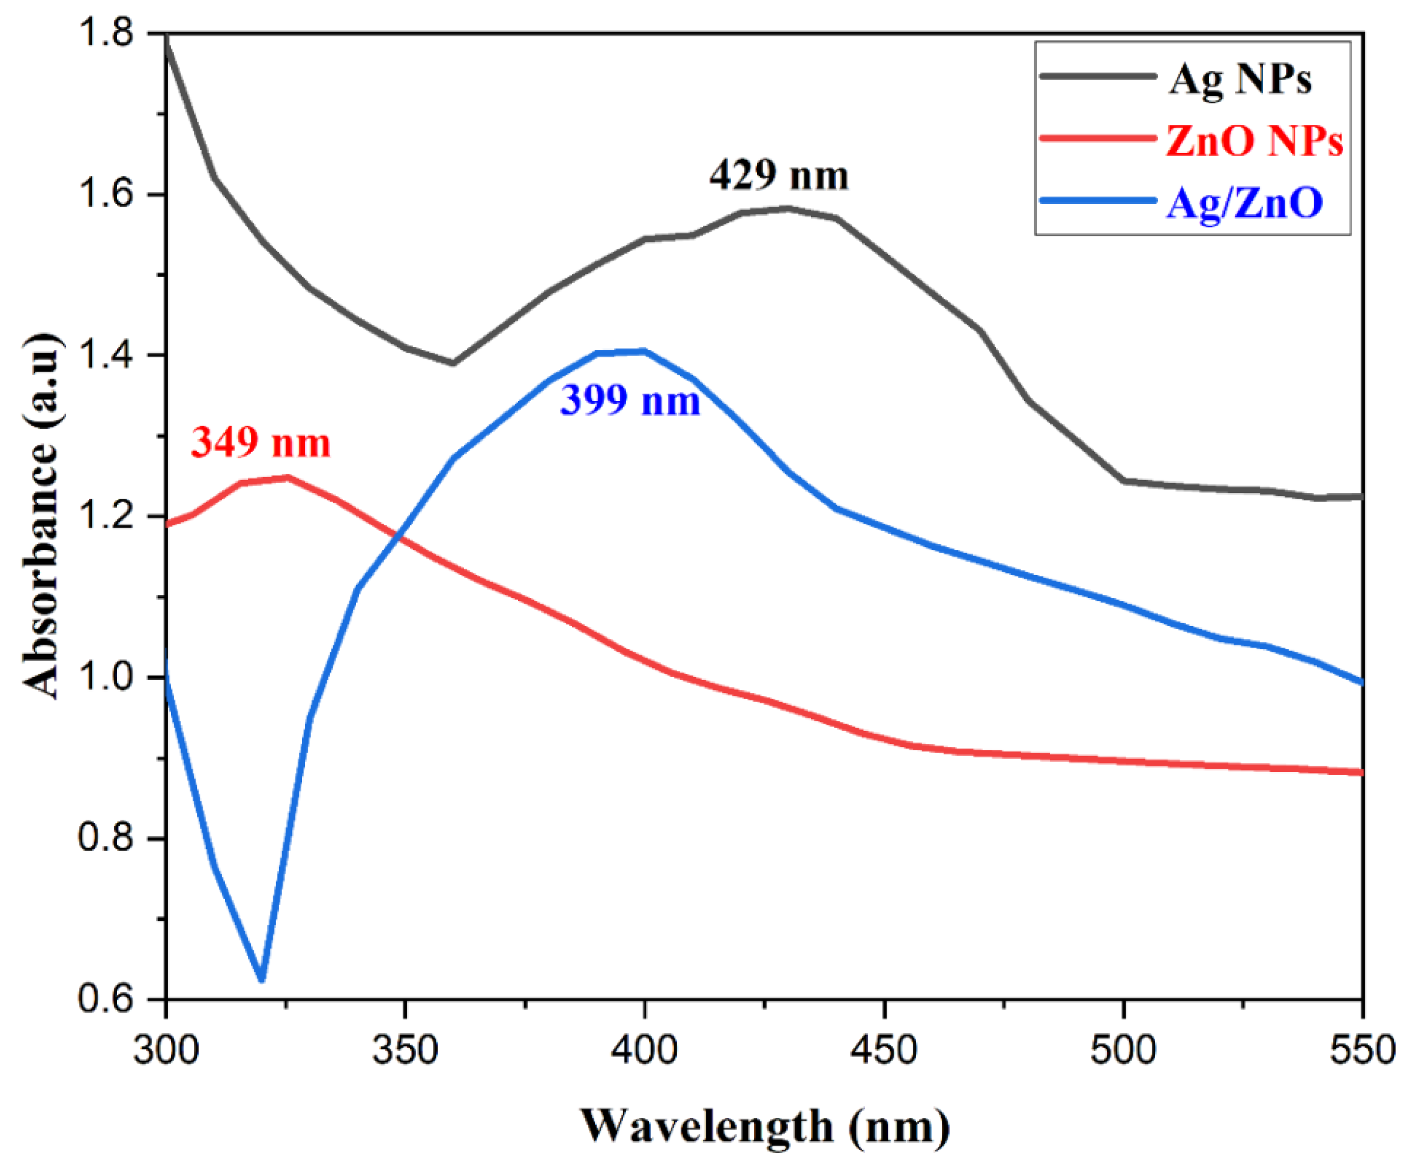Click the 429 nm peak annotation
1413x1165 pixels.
click(x=779, y=176)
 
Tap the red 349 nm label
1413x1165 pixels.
click(x=261, y=443)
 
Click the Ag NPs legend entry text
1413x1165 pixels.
click(x=1240, y=80)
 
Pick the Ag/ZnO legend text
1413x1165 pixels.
click(x=1244, y=203)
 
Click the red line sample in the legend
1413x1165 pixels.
click(x=1097, y=138)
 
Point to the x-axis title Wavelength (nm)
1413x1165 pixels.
click(x=764, y=1126)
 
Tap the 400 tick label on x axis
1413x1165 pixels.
click(x=644, y=1050)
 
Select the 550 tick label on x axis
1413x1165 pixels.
click(x=1362, y=1050)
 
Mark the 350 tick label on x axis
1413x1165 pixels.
click(x=404, y=1050)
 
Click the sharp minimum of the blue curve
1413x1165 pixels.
click(x=262, y=980)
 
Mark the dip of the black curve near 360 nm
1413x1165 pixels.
click(x=453, y=363)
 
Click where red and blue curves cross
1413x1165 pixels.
click(x=400, y=537)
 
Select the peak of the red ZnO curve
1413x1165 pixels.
click(x=287, y=478)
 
